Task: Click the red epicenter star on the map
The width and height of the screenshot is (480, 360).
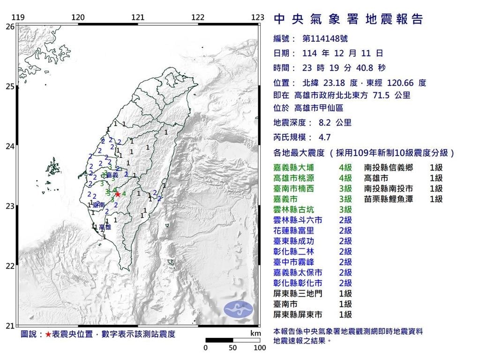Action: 118,194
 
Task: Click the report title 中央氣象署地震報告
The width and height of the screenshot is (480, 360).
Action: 348,19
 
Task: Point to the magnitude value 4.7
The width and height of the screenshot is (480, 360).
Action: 325,137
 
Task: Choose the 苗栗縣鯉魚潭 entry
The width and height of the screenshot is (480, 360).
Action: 387,199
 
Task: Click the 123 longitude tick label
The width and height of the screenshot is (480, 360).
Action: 258,17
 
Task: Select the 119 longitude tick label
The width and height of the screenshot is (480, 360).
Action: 18,17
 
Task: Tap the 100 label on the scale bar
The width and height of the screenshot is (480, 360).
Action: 260,348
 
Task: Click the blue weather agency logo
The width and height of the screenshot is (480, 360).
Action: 238,308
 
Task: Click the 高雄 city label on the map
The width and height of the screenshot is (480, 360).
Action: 105,227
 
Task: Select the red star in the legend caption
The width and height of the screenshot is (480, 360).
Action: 48,334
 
